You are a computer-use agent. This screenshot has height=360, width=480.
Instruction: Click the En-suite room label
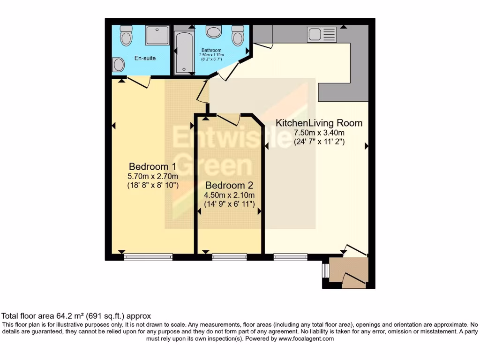pos(145,58)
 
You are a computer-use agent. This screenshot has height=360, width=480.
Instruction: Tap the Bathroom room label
pos(211,50)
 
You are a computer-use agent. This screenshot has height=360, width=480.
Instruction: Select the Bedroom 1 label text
pos(152,166)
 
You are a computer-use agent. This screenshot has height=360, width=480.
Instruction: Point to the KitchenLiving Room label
pos(319,123)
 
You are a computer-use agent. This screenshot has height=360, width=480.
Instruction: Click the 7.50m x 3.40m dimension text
pos(319,133)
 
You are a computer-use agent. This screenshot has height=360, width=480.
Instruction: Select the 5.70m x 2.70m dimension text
pos(153,176)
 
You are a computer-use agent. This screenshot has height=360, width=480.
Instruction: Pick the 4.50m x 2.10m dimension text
pos(229,195)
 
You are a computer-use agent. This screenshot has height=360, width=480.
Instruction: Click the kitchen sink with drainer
pos(322,34)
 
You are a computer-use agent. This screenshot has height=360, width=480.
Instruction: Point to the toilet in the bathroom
pos(238,34)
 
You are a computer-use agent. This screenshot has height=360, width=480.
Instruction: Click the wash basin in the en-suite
pos(118,64)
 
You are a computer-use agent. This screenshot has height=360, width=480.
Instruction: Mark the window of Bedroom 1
pos(148,256)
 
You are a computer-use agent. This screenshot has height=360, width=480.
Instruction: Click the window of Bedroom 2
pos(229,256)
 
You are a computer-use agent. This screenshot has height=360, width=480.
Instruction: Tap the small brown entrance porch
pos(348,272)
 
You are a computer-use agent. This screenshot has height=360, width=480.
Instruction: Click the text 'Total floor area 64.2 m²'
pos(52,316)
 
